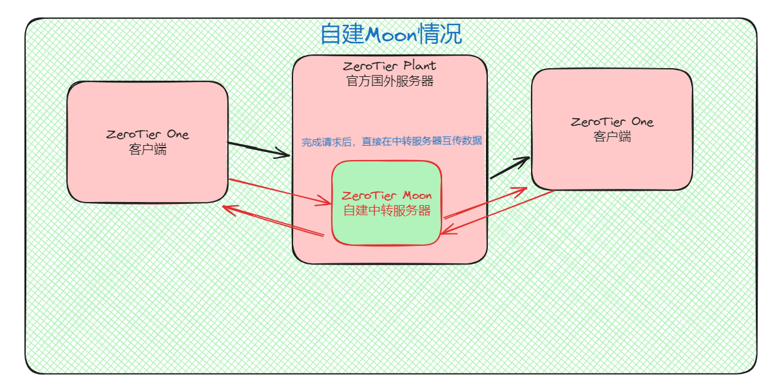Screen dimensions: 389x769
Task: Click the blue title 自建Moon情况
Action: tap(391, 34)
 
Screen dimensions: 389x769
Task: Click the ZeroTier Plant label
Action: tap(390, 66)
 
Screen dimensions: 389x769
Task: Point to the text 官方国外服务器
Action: tap(390, 81)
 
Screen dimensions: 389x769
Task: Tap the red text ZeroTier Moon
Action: tap(387, 196)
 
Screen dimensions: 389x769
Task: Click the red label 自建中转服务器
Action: tap(387, 211)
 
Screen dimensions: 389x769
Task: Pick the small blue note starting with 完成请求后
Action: tap(392, 141)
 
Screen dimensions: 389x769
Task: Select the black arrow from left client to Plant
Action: tap(259, 150)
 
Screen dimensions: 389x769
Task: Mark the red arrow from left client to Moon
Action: tap(280, 192)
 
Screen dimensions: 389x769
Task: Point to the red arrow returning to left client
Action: tap(272, 222)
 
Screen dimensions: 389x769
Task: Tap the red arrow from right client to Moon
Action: tap(498, 213)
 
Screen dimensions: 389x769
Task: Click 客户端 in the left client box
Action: tap(148, 150)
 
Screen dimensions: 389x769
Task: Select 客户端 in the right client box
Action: tap(612, 137)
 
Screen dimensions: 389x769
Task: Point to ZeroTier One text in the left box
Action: tap(148, 134)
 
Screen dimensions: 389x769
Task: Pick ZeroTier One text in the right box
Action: tap(612, 122)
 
